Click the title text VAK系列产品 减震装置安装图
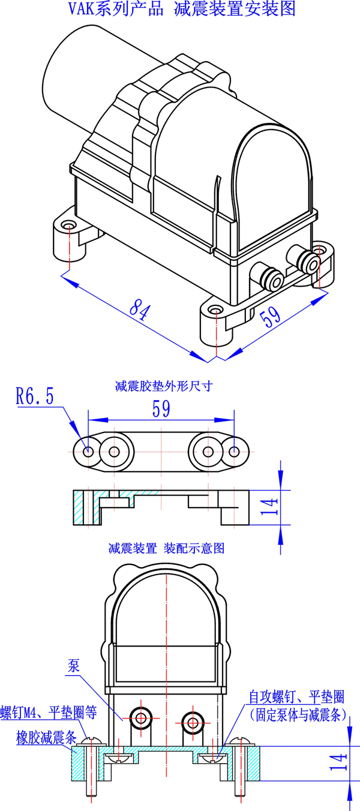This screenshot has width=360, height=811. click(180, 10)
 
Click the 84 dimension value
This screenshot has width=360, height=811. click(139, 310)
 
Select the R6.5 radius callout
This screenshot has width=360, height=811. click(34, 397)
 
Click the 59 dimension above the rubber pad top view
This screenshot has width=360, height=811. click(161, 409)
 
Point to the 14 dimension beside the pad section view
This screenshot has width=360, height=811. click(271, 507)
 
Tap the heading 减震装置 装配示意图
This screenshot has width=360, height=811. click(166, 548)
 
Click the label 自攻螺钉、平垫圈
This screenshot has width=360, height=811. click(296, 697)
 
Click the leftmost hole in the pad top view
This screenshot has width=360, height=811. click(88, 452)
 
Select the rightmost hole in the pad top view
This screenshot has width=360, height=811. click(235, 452)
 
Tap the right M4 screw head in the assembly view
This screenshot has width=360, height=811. click(239, 741)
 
